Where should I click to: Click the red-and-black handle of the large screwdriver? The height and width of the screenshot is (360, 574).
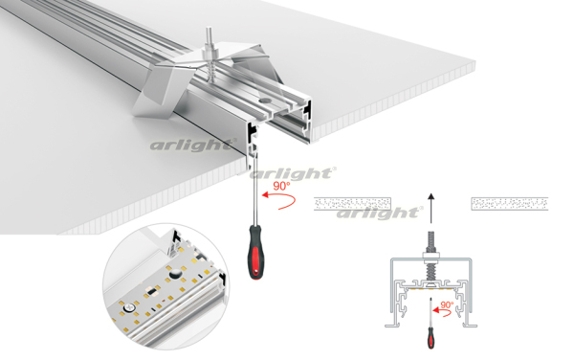pyautogui.click(x=255, y=252)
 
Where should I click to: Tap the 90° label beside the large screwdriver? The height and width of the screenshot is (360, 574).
pyautogui.click(x=281, y=186)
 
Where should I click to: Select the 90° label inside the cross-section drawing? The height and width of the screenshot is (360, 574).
pyautogui.click(x=447, y=304)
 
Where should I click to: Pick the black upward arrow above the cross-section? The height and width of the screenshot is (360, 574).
pyautogui.click(x=431, y=208)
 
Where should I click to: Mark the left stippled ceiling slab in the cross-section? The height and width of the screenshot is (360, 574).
pyautogui.click(x=352, y=204)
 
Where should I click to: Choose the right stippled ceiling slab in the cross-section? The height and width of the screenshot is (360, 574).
pyautogui.click(x=510, y=204)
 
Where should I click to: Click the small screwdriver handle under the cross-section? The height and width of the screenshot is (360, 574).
pyautogui.click(x=431, y=338)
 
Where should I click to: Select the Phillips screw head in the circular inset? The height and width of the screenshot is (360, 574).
pyautogui.click(x=128, y=307)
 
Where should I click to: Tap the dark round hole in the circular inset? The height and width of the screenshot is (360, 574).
pyautogui.click(x=175, y=273)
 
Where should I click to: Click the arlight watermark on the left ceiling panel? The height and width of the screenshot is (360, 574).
pyautogui.click(x=193, y=145)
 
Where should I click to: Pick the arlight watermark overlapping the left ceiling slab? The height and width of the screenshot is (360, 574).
pyautogui.click(x=380, y=213)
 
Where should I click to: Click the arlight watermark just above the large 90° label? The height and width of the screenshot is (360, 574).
pyautogui.click(x=293, y=173)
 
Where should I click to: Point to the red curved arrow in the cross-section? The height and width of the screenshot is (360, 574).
pyautogui.click(x=444, y=312)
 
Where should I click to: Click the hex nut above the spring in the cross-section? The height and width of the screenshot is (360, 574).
pyautogui.click(x=430, y=255)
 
